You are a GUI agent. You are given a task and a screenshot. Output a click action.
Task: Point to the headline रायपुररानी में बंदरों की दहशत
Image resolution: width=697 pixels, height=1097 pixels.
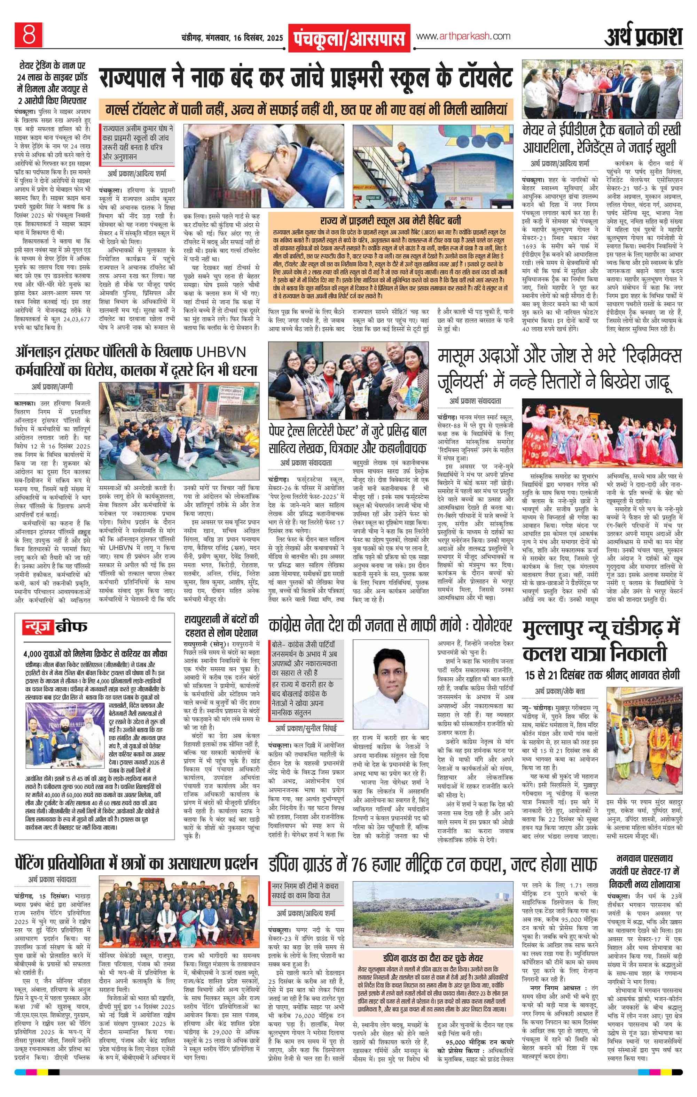221,626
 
